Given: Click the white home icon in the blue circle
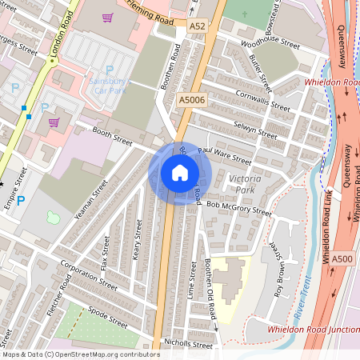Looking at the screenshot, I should (180, 173).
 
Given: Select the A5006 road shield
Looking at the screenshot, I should (190, 100).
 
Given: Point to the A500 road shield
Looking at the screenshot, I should (342, 258).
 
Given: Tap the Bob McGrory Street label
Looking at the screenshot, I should (238, 210).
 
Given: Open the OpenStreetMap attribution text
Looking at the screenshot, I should (81, 354).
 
